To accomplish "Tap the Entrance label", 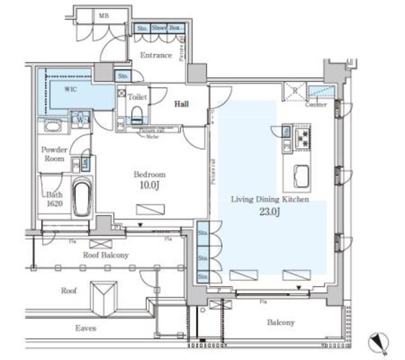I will (156, 55).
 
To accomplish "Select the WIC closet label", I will (72, 90).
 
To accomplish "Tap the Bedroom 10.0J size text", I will (149, 185).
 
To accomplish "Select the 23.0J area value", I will (270, 212).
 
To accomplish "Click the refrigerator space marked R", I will (294, 91).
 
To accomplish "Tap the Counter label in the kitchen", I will (316, 104).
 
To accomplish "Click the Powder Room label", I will (54, 155).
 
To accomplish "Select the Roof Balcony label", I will (106, 255).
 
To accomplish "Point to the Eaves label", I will (85, 327).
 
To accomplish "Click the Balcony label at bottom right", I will (280, 323).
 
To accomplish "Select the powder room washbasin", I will (53, 127).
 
